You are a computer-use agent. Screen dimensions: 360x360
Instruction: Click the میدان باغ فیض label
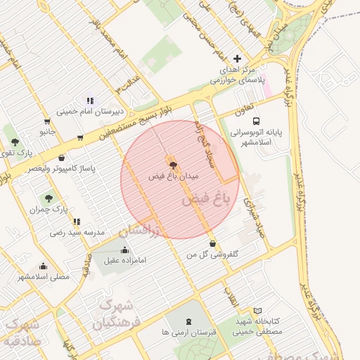(174, 175)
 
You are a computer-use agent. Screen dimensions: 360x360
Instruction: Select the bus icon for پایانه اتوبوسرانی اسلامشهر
(255, 120)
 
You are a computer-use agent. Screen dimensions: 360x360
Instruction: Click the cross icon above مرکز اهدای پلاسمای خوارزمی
(237, 59)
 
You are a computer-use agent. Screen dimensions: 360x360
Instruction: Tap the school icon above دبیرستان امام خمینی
(90, 101)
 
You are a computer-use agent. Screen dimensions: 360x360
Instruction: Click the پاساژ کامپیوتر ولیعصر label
(62, 169)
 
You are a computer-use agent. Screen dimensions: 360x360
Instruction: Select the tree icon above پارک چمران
(49, 198)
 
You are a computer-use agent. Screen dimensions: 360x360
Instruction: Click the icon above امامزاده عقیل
(125, 250)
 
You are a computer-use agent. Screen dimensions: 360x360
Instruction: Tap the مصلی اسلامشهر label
(44, 277)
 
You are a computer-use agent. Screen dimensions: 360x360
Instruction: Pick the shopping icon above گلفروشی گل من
(213, 243)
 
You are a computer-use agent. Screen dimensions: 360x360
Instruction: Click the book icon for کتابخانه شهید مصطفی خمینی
(257, 311)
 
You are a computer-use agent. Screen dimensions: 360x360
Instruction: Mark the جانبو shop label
(47, 131)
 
